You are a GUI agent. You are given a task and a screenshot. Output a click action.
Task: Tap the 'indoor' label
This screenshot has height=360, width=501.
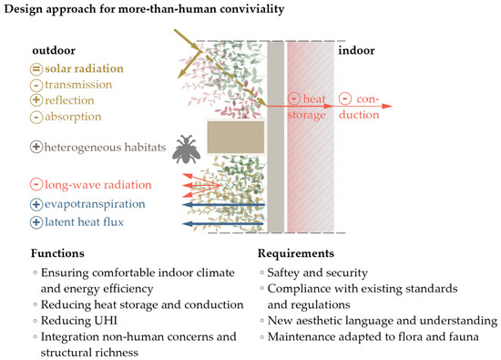click(356, 51)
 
